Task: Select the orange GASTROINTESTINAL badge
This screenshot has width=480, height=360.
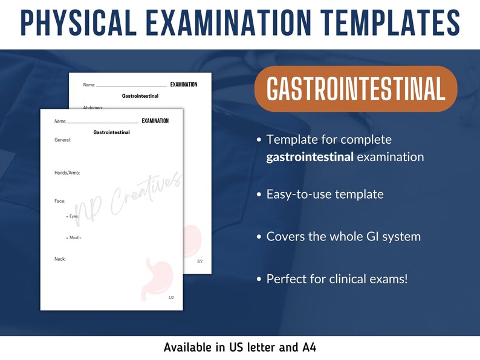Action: tap(355, 89)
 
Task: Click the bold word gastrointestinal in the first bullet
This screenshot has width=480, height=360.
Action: tap(310, 157)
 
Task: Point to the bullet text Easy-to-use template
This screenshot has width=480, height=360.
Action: tap(325, 194)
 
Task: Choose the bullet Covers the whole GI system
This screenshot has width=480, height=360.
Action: tap(343, 236)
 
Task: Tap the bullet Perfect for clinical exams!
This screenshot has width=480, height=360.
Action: tap(337, 279)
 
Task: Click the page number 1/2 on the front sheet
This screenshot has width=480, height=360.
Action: tap(171, 298)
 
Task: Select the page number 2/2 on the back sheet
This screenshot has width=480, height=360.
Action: tap(200, 261)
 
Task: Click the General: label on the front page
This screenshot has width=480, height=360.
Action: tap(62, 140)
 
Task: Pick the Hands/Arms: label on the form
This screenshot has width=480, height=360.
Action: tap(67, 173)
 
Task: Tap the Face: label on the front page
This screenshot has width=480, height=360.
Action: tap(60, 201)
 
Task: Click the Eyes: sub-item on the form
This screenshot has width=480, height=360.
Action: tap(74, 216)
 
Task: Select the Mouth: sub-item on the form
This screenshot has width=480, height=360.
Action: tap(76, 238)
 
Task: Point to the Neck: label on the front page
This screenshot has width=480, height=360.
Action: tap(60, 259)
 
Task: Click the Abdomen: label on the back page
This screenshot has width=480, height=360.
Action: tap(92, 107)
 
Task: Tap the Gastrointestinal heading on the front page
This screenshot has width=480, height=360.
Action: tap(111, 132)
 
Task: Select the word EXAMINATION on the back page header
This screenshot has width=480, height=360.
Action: tap(184, 85)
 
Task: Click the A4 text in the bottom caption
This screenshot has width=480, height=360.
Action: tap(308, 347)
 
